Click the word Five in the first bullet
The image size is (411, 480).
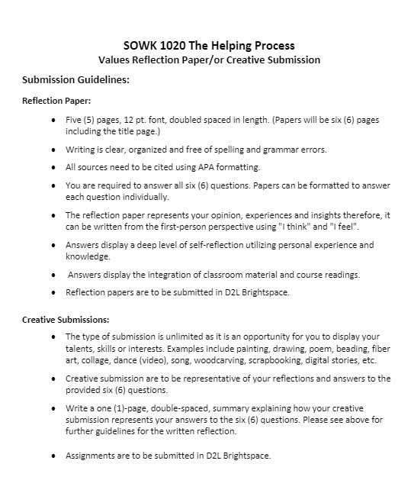[75, 121]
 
